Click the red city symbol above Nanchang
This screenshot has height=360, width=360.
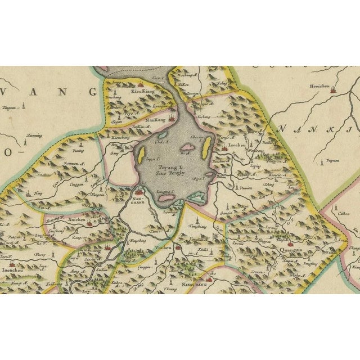coord(138,193)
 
